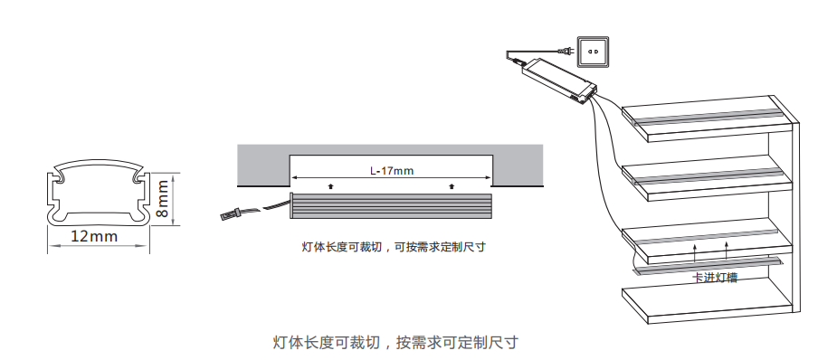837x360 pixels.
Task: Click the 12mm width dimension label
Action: (94, 236)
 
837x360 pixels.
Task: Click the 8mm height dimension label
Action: (162, 198)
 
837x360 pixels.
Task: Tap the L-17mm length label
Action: (392, 171)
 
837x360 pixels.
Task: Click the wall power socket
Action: (593, 52)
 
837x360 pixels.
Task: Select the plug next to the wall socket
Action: (566, 52)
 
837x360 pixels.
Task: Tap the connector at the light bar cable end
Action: (230, 215)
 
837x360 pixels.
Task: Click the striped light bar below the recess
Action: (391, 205)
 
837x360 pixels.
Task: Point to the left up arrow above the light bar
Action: (331, 186)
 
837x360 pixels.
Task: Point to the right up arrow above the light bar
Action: (452, 186)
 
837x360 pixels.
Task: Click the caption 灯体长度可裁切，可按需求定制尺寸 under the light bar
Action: (394, 247)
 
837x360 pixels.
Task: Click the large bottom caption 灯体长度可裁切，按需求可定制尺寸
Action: (395, 342)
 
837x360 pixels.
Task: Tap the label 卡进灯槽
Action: (715, 278)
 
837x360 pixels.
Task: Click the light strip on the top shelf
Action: (706, 117)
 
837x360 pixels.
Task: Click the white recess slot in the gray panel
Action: (391, 170)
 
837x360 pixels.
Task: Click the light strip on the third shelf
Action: (707, 236)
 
